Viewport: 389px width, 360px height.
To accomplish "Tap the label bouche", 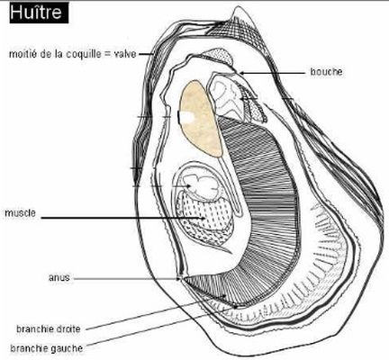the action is pos(326,72).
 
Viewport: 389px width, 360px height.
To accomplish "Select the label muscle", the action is pos(20,213).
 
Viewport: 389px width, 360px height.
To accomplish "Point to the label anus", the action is pos(59,277).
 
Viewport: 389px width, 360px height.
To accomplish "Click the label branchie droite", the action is pos(49,328).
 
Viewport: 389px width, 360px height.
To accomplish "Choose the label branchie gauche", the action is pos(46,348).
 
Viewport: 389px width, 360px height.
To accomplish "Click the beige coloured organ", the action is pos(201,119).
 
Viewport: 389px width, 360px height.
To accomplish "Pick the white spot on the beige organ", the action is pos(186,117).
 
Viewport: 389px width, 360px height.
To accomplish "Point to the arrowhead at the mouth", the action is pos(242,73).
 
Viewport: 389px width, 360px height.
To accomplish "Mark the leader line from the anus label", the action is pos(126,279).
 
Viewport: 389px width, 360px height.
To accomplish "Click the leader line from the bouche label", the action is pos(275,73).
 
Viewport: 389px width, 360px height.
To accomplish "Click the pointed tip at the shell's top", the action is pos(236,7).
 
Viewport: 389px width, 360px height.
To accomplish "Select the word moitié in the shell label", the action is pos(23,54).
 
